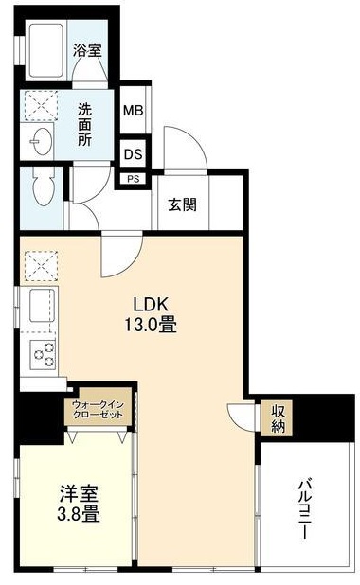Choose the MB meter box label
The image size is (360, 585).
click(133, 109)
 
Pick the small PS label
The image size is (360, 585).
click(132, 176)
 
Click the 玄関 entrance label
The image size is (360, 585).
click(183, 204)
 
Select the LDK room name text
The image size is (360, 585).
click(150, 305)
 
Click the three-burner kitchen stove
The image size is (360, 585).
click(43, 355)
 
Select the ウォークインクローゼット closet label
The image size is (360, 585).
click(99, 410)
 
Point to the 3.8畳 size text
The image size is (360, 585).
click(78, 517)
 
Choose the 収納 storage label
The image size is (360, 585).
click(278, 417)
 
